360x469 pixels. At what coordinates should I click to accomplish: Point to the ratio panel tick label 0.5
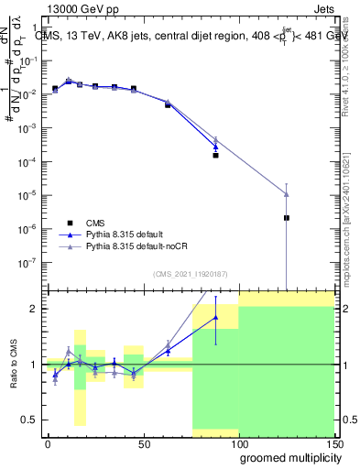click(x=29, y=420)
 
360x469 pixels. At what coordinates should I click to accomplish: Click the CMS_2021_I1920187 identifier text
click(x=189, y=275)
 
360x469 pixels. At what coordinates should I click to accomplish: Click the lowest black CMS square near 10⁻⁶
click(x=287, y=218)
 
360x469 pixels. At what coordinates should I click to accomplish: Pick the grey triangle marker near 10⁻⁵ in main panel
click(x=287, y=193)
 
